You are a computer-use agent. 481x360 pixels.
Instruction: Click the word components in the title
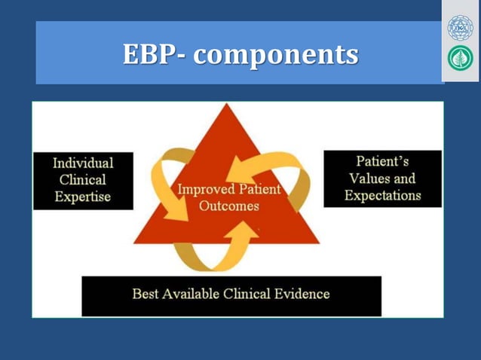(x=278, y=54)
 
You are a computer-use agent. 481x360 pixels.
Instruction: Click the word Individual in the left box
(x=83, y=163)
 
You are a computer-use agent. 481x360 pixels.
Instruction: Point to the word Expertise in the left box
(x=83, y=197)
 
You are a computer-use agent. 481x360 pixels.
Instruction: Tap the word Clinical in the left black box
(x=83, y=180)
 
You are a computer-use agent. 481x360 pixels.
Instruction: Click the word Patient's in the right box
(x=382, y=161)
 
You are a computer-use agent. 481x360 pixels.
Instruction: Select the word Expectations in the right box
(x=382, y=196)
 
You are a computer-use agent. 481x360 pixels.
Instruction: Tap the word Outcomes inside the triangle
(x=229, y=206)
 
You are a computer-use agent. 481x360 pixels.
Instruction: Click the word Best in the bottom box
(x=145, y=294)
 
